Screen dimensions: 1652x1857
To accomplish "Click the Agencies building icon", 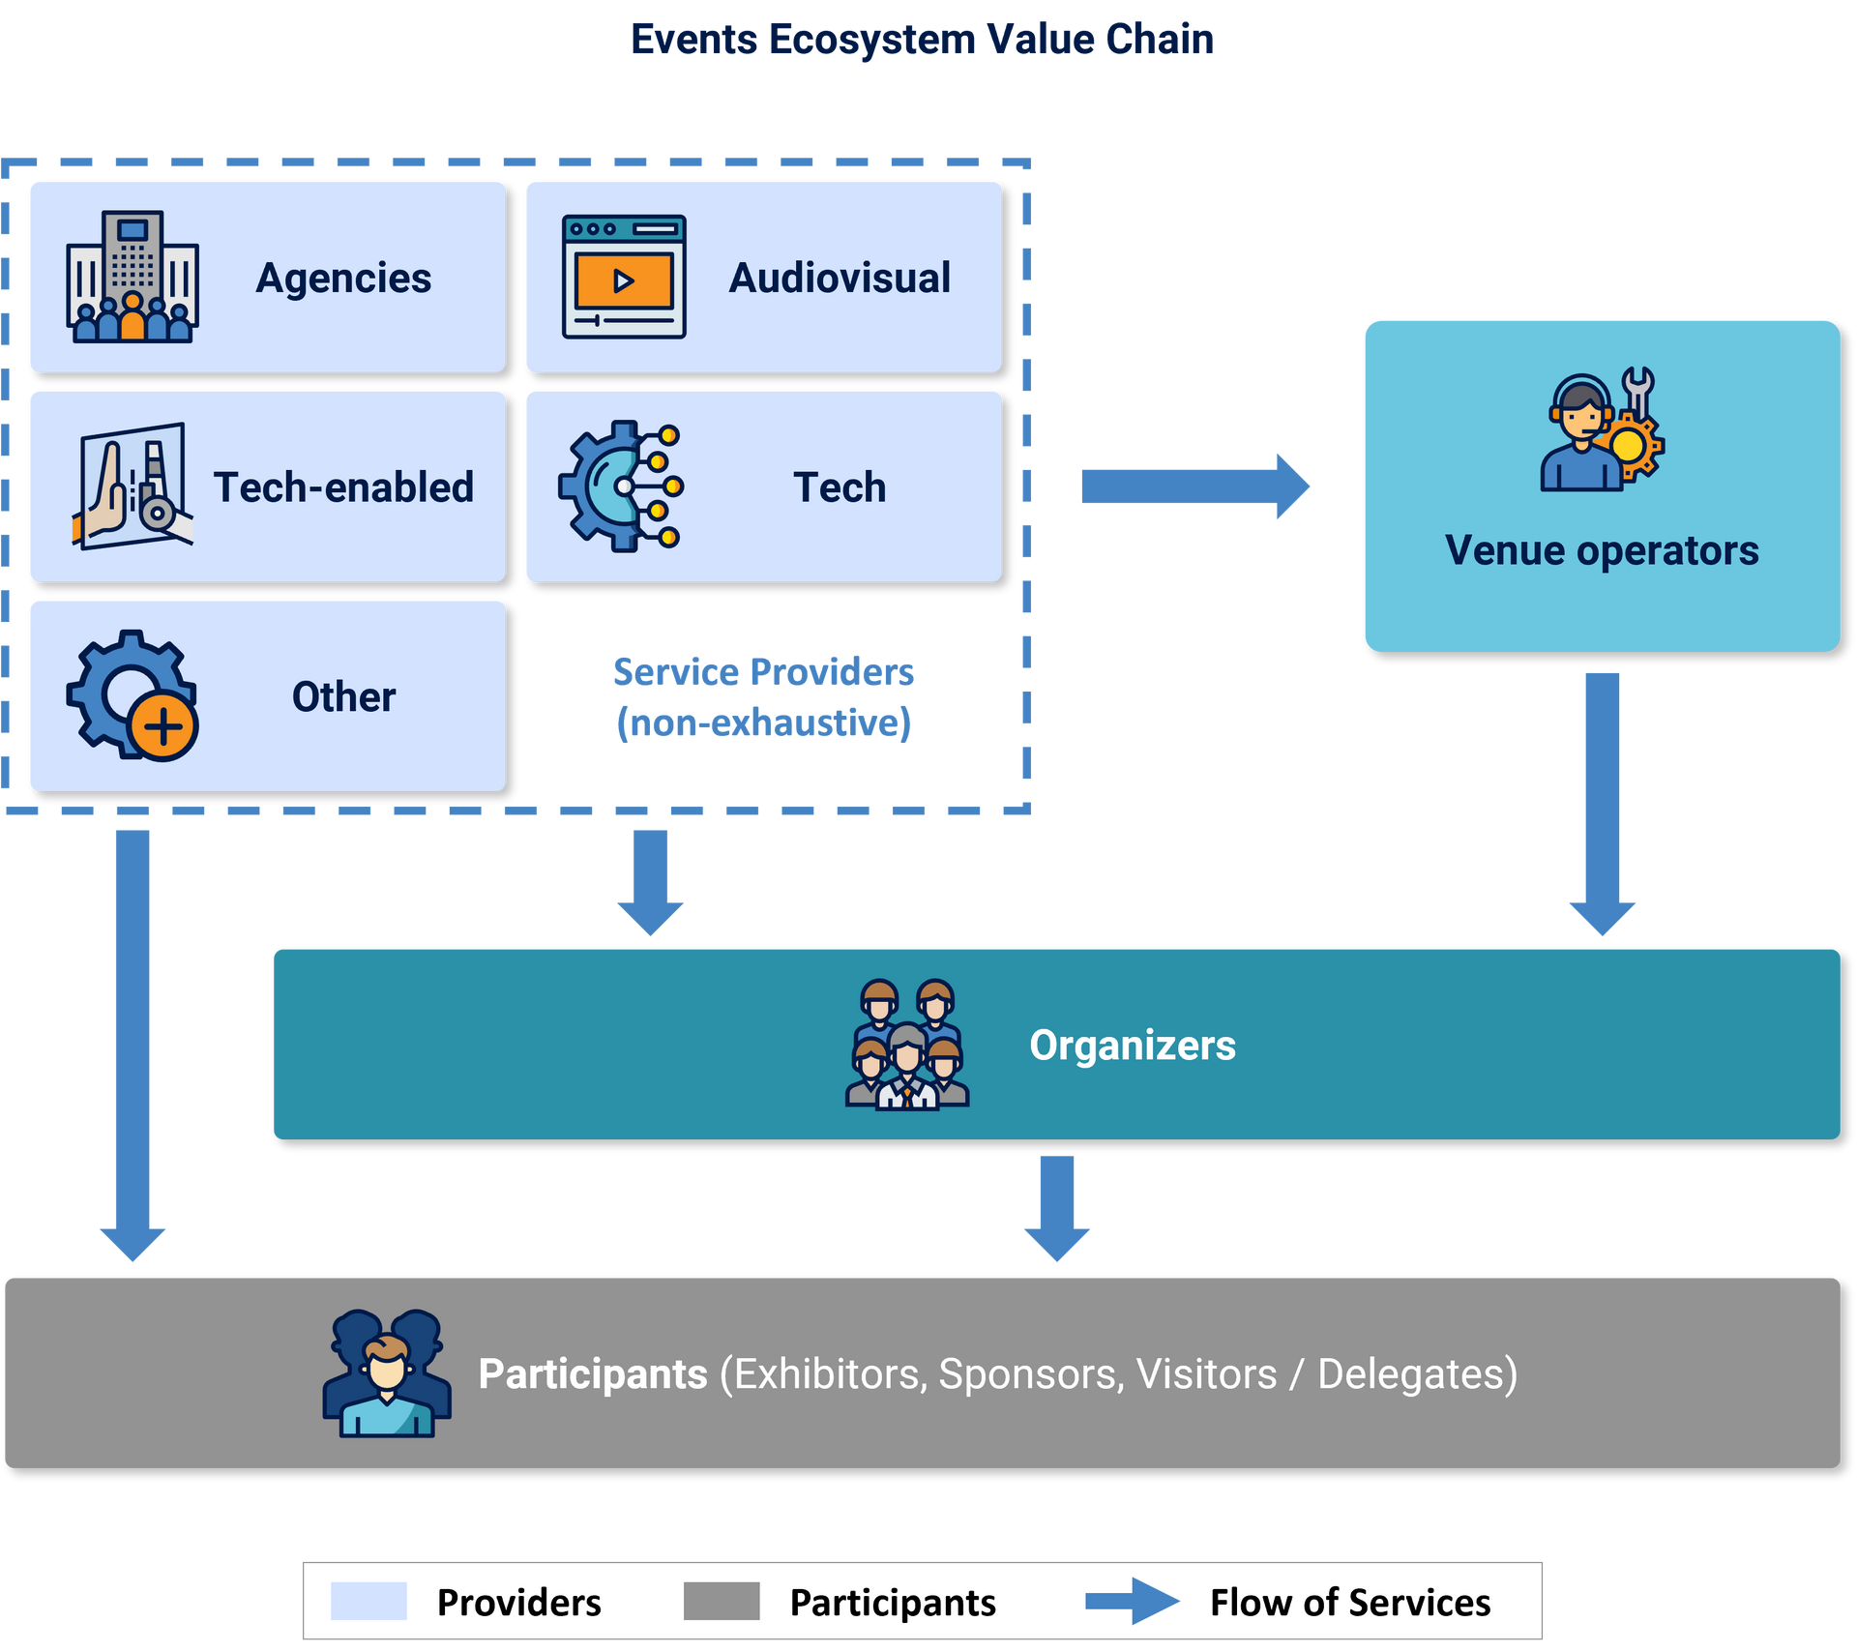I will pyautogui.click(x=133, y=277).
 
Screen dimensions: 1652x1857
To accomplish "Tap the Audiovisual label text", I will pyautogui.click(x=840, y=278).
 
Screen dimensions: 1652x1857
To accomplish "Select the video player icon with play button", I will pyautogui.click(x=624, y=277).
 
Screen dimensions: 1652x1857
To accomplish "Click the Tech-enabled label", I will pyautogui.click(x=343, y=487).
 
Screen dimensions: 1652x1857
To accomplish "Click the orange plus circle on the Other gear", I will pyautogui.click(x=163, y=726).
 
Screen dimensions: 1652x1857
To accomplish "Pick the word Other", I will pyautogui.click(x=343, y=696).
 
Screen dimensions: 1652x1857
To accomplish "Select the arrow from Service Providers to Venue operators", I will pyautogui.click(x=1194, y=486).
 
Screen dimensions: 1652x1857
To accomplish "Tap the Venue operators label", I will pyautogui.click(x=1601, y=550).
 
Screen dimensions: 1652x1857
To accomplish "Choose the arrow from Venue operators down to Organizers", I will pyautogui.click(x=1602, y=803).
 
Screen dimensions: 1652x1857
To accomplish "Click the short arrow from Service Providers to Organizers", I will pyautogui.click(x=650, y=880).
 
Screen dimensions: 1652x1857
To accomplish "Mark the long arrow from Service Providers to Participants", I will pyautogui.click(x=133, y=1045).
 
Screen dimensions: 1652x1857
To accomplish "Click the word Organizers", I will pyautogui.click(x=1132, y=1046).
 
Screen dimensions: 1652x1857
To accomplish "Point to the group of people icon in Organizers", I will pyautogui.click(x=906, y=1044).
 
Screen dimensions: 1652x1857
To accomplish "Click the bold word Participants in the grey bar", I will pyautogui.click(x=593, y=1373).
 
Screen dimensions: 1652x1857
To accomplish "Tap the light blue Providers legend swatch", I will pyautogui.click(x=368, y=1601).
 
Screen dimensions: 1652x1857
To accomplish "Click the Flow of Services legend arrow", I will pyautogui.click(x=1132, y=1601).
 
